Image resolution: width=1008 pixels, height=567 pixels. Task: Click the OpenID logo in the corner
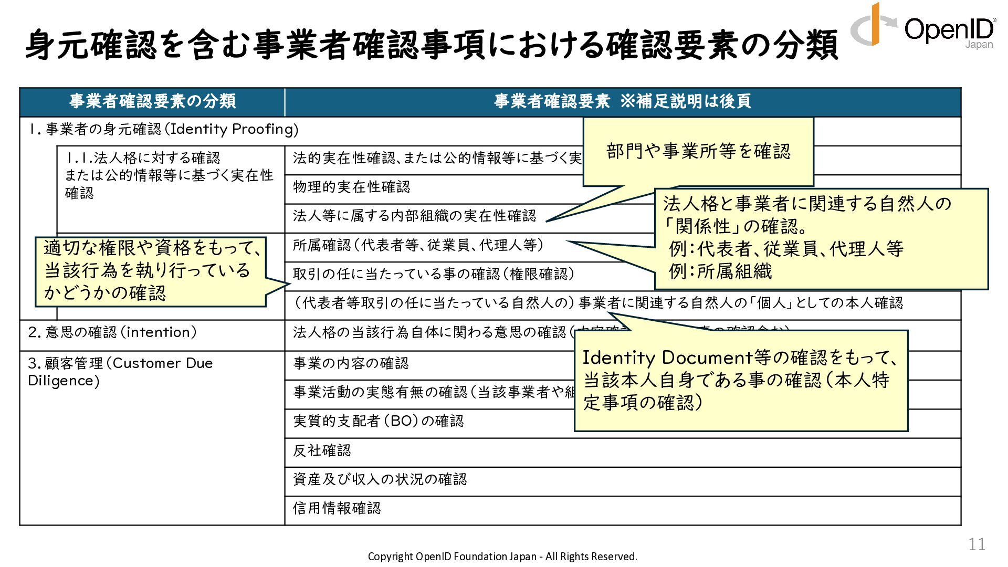pyautogui.click(x=923, y=26)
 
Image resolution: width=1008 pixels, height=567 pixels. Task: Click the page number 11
pyautogui.click(x=976, y=544)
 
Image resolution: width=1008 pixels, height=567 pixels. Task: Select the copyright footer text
pyautogui.click(x=502, y=556)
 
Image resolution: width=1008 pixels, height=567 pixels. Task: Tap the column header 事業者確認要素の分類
pyautogui.click(x=152, y=101)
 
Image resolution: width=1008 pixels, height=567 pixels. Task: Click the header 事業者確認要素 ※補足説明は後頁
pyautogui.click(x=622, y=101)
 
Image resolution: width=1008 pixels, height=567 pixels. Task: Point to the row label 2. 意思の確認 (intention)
pyautogui.click(x=112, y=332)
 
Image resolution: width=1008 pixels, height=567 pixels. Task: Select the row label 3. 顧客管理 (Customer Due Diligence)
pyautogui.click(x=120, y=371)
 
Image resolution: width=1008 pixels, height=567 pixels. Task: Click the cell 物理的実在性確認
pyautogui.click(x=351, y=187)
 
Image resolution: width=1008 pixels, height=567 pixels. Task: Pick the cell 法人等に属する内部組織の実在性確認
pyautogui.click(x=414, y=216)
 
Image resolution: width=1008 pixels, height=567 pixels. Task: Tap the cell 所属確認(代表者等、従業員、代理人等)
pyautogui.click(x=418, y=245)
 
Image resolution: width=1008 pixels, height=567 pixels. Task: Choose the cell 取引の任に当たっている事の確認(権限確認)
pyautogui.click(x=433, y=274)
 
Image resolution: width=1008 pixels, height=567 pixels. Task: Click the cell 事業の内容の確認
pyautogui.click(x=351, y=363)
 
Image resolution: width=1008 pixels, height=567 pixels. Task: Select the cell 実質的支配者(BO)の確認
pyautogui.click(x=378, y=421)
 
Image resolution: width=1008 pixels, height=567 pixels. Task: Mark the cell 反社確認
pyautogui.click(x=322, y=450)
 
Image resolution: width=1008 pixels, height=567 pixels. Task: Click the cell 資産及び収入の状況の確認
pyautogui.click(x=380, y=479)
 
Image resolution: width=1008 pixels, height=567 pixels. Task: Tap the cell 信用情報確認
pyautogui.click(x=337, y=508)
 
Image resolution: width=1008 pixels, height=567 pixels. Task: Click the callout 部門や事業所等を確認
pyautogui.click(x=698, y=151)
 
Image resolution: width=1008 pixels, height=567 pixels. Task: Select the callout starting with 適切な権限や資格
pyautogui.click(x=150, y=270)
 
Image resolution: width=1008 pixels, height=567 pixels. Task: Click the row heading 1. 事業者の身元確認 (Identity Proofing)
pyautogui.click(x=163, y=129)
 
